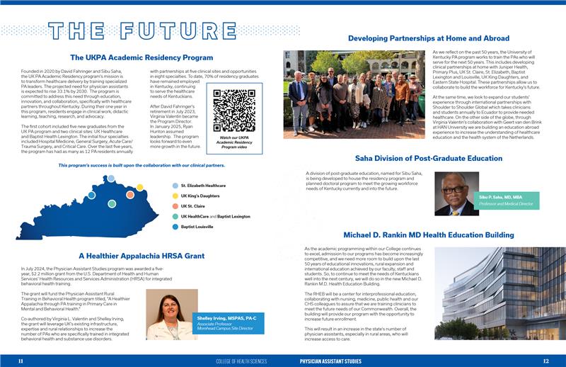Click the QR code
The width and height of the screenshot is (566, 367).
coord(233,110)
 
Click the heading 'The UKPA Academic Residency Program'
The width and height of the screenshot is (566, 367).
coord(141,57)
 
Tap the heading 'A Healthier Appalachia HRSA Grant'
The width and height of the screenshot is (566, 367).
coord(141,255)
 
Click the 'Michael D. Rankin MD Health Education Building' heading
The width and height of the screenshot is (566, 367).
coord(429,235)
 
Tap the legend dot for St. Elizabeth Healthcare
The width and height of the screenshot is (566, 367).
coord(175,186)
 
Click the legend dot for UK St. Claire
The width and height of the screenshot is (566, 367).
coord(175,206)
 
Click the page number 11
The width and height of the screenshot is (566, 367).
coord(21,361)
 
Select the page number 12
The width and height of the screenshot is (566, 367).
coord(545,361)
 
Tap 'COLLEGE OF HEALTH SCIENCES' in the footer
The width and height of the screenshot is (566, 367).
coord(241,361)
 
